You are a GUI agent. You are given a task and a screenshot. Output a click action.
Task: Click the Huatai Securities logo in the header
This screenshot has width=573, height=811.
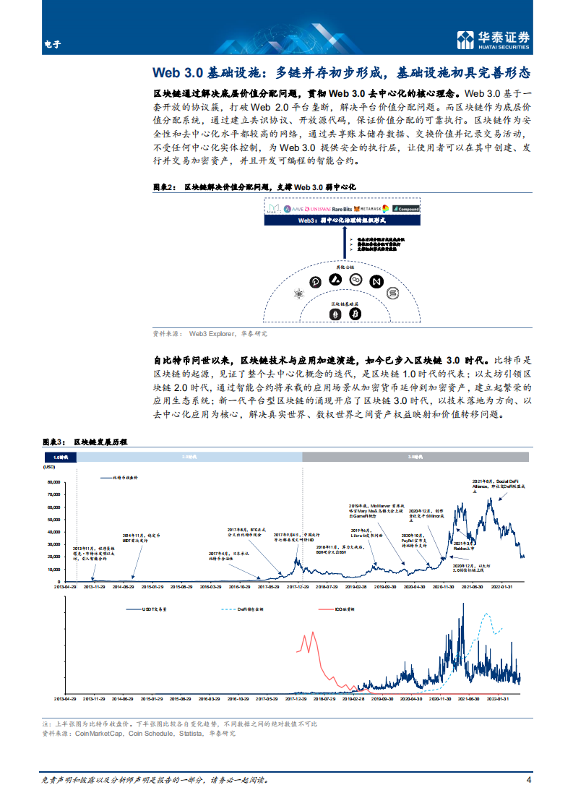[x=494, y=40]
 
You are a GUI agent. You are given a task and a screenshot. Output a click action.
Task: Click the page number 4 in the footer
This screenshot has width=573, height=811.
[x=529, y=780]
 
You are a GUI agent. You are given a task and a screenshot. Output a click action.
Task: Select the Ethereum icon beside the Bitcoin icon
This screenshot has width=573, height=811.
[x=335, y=314]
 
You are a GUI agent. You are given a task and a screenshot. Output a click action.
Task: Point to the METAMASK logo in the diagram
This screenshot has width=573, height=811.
[x=373, y=209]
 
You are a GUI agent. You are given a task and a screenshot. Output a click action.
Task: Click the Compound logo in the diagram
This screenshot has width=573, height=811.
[x=406, y=209]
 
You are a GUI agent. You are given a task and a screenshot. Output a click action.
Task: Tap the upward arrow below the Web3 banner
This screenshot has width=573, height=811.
[x=342, y=245]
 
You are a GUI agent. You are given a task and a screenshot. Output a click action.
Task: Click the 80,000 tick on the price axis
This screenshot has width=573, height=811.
[x=52, y=481]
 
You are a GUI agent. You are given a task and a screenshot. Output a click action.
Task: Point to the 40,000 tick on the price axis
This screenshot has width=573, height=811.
[x=52, y=531]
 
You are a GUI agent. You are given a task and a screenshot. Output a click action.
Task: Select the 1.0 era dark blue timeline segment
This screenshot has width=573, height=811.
[x=60, y=458]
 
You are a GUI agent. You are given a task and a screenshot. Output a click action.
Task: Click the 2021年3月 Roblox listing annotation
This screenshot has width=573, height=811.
[x=463, y=545]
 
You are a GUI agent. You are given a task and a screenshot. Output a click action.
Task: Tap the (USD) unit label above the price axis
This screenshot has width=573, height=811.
[x=51, y=473]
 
